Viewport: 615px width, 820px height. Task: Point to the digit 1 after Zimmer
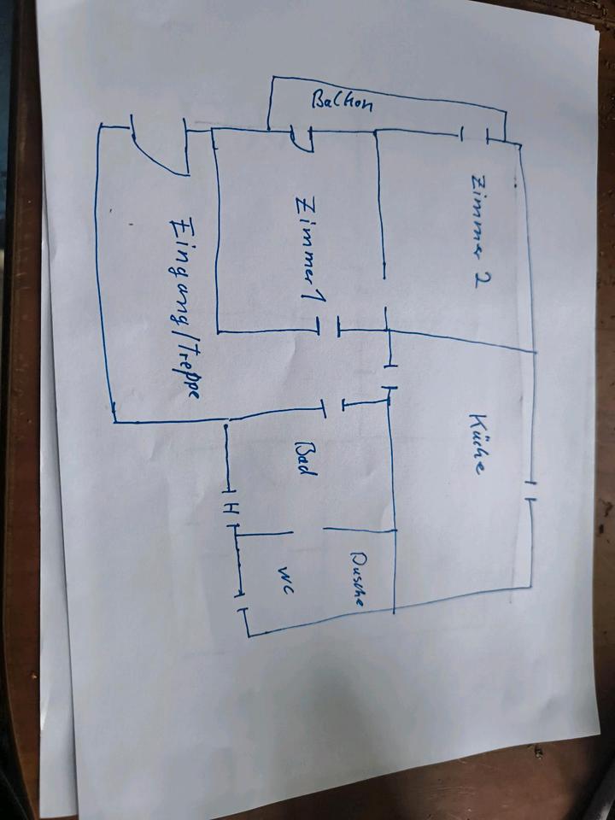pos(306,282)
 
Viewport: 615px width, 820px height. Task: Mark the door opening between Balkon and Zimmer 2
pos(476,134)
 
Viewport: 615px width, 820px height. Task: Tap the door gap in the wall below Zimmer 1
pos(329,325)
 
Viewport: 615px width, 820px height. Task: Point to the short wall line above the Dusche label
pos(359,530)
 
